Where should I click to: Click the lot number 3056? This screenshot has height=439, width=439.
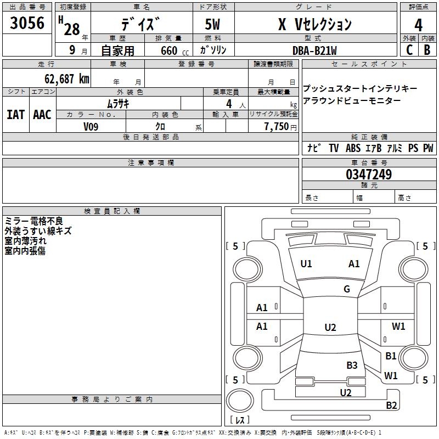tap(27, 24)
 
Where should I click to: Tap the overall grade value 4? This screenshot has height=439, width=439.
tap(418, 25)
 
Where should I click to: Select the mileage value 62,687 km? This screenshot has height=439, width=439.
tap(64, 79)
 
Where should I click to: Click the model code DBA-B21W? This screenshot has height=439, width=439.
tap(314, 50)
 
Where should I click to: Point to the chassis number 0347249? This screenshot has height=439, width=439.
tap(369, 175)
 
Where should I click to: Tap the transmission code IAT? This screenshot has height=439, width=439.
tap(15, 115)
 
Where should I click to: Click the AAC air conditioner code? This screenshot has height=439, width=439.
tap(42, 115)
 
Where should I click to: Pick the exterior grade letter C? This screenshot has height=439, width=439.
tap(409, 50)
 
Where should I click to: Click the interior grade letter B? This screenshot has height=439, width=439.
tap(427, 50)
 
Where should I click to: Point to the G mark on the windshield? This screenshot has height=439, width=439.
tap(347, 289)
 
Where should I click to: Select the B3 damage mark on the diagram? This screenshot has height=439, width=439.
tap(352, 365)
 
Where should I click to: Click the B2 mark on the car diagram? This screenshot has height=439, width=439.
tap(391, 406)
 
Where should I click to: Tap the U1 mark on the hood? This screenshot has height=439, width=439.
tap(306, 264)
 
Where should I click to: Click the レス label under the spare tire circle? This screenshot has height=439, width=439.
tap(240, 420)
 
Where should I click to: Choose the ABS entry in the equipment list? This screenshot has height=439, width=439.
tap(353, 148)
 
